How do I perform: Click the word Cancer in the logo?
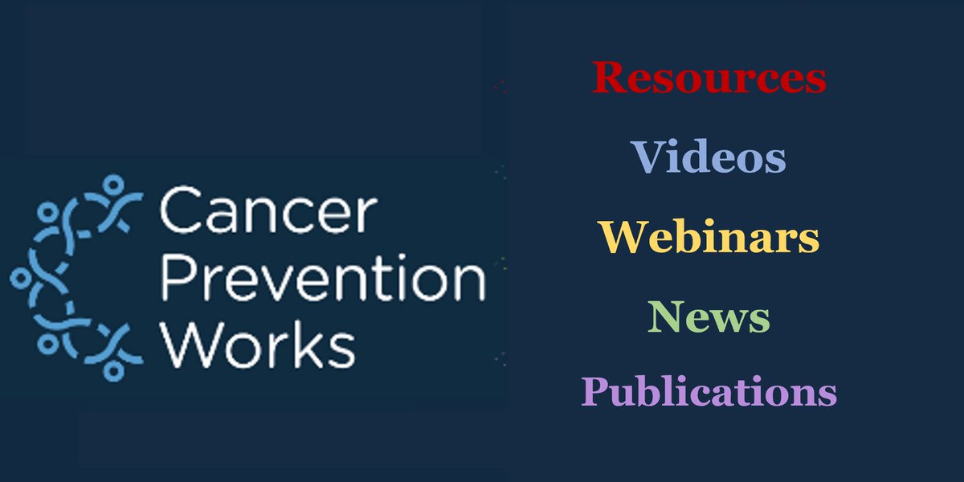(x=268, y=212)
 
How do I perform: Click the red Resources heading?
(x=709, y=78)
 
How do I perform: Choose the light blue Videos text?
(x=709, y=157)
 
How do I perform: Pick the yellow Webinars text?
(x=709, y=236)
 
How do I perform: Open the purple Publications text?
(x=709, y=394)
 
